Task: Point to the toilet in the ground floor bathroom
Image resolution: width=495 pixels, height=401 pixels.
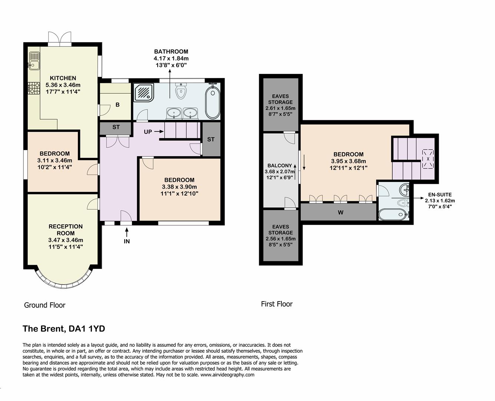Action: click(x=181, y=92)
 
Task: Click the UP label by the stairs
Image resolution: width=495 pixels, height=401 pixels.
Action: click(x=148, y=131)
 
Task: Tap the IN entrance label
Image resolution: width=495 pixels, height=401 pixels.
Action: click(x=127, y=241)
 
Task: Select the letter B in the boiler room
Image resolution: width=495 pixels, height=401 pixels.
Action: click(x=117, y=105)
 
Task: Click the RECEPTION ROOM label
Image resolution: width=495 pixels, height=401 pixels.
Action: click(x=66, y=230)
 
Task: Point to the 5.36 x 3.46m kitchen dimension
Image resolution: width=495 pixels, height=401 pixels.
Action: click(x=63, y=85)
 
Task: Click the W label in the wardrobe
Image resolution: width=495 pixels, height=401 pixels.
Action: click(x=340, y=212)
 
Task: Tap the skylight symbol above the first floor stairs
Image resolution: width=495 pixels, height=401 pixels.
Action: click(x=428, y=159)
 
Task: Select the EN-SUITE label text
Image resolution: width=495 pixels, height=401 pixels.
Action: click(x=440, y=195)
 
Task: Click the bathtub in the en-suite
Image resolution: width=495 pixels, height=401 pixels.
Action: click(x=392, y=214)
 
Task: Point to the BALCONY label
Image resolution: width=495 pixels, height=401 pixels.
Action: click(x=280, y=166)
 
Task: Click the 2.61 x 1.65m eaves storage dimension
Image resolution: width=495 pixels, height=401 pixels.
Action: click(x=280, y=108)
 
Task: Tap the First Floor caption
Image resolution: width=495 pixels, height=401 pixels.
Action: click(x=277, y=304)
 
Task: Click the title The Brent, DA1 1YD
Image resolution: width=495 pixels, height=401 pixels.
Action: click(x=64, y=329)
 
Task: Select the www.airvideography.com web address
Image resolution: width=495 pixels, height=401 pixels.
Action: click(x=227, y=375)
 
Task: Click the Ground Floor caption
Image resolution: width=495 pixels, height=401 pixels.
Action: click(x=44, y=305)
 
